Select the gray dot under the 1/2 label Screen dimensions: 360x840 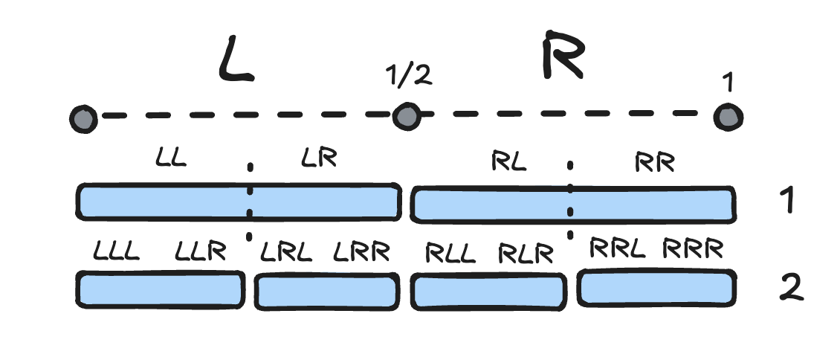pos(406,116)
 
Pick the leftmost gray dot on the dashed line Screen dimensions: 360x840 pos(83,118)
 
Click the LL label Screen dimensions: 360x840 pos(172,158)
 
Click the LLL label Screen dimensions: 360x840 pos(117,251)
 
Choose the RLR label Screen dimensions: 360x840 pos(526,254)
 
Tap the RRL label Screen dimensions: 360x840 pos(617,249)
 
